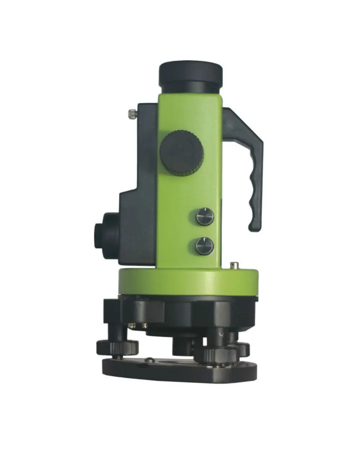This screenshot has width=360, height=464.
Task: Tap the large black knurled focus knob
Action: coord(181,153)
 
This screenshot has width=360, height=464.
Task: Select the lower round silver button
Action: coord(204,246)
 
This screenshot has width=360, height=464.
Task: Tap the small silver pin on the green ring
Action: coord(235,266)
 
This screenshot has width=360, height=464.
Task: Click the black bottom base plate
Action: coord(180,371)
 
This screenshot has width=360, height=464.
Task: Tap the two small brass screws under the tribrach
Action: coord(139,325)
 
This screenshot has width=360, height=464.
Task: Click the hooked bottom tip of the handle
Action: coord(254,227)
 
